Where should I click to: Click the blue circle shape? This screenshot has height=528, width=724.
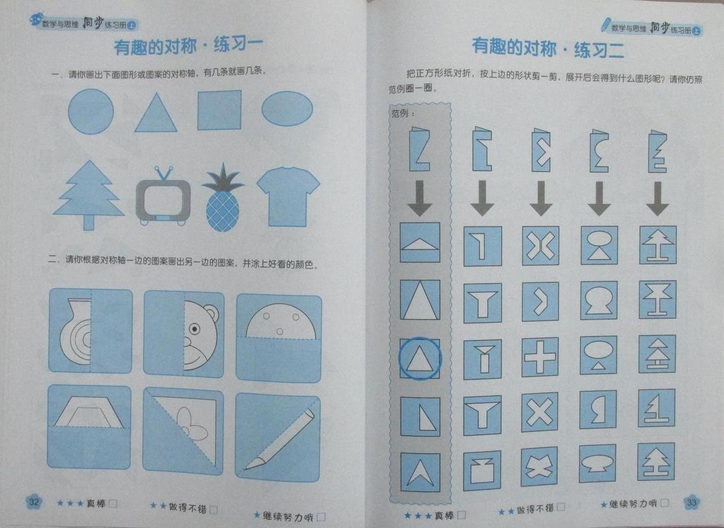(91, 112)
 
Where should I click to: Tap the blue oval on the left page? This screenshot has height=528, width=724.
(287, 109)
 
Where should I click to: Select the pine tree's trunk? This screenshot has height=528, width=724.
(89, 222)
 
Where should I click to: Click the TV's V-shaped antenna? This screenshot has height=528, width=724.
(163, 173)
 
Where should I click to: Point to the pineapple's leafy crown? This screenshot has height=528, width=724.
(223, 180)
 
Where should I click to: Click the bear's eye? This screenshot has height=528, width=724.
(195, 329)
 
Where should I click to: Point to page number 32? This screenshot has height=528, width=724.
(34, 502)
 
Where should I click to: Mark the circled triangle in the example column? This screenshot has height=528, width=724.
(420, 358)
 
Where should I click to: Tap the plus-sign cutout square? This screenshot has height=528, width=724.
(540, 357)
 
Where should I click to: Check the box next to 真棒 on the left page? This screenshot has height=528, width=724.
(113, 503)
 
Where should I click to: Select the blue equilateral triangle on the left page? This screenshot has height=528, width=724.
(156, 113)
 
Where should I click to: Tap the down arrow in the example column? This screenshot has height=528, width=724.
(420, 198)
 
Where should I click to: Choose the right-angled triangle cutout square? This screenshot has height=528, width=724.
(420, 416)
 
